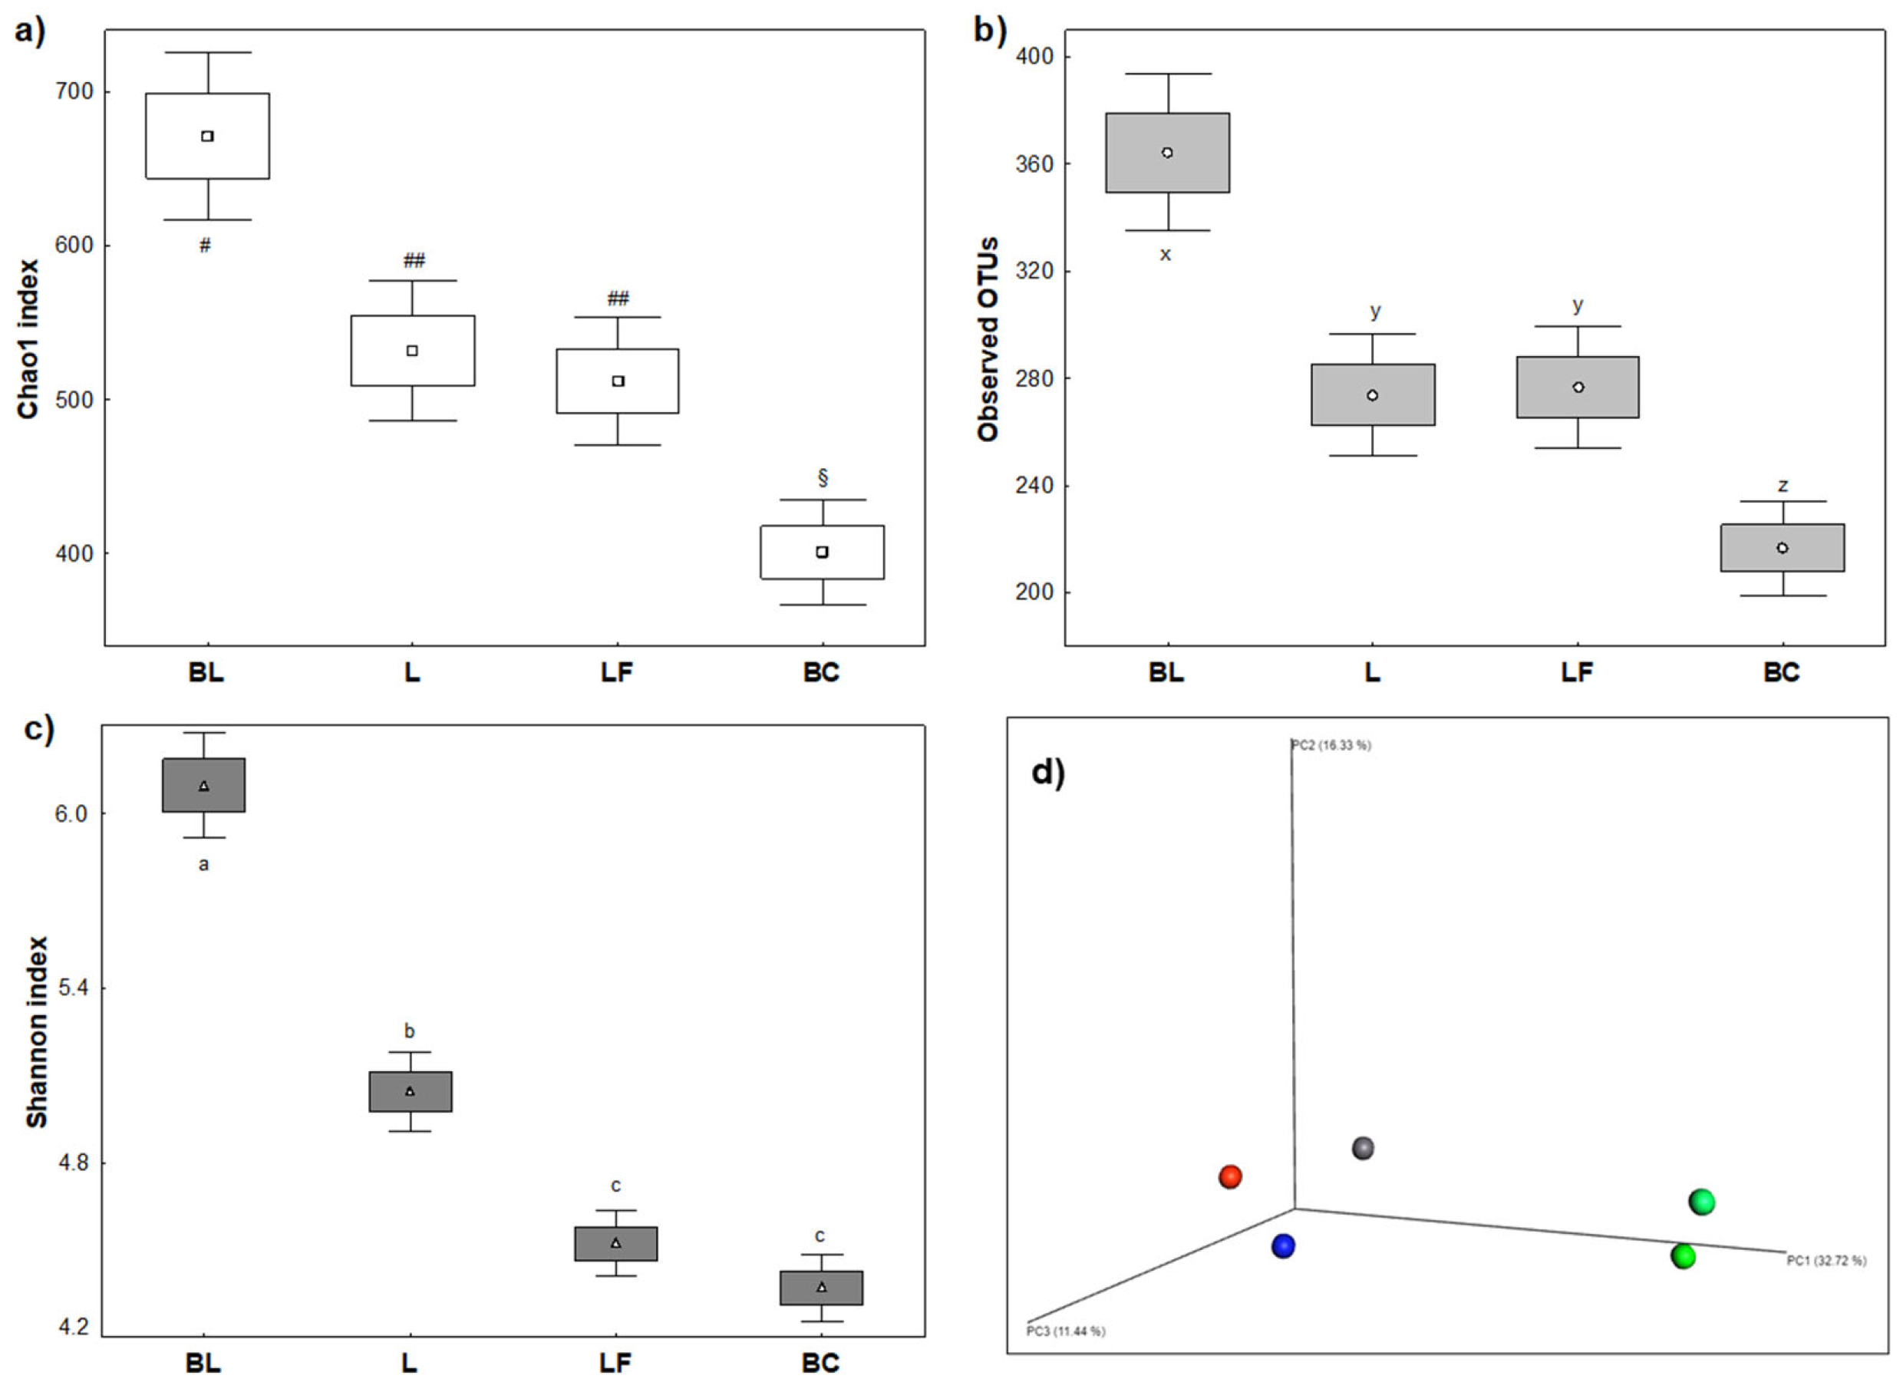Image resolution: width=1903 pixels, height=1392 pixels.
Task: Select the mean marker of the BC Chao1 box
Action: pyautogui.click(x=822, y=552)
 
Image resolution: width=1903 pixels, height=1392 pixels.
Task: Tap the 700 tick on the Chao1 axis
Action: pyautogui.click(x=74, y=91)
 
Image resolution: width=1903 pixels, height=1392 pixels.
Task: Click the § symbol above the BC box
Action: pyautogui.click(x=823, y=478)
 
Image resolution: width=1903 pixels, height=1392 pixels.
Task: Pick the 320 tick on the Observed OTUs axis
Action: pyautogui.click(x=1034, y=272)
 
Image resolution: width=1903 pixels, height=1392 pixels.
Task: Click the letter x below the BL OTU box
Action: pyautogui.click(x=1165, y=255)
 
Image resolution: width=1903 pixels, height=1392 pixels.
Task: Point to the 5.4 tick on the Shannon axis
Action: pyautogui.click(x=74, y=988)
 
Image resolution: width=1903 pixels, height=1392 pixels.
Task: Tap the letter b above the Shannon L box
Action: pyautogui.click(x=410, y=1031)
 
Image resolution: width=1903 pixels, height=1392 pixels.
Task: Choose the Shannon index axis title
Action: pyautogui.click(x=36, y=1032)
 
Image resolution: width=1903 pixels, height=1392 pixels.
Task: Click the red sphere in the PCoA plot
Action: pyautogui.click(x=1230, y=1177)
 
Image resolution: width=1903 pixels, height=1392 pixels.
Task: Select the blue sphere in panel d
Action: pyautogui.click(x=1283, y=1246)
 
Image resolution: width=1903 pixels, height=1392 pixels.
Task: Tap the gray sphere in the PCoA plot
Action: pyautogui.click(x=1363, y=1149)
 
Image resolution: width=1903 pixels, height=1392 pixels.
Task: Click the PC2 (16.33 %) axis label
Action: pyautogui.click(x=1331, y=746)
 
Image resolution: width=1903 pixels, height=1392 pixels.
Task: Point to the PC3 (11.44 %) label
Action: pyautogui.click(x=1066, y=1331)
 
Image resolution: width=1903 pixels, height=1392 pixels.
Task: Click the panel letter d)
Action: pyautogui.click(x=1048, y=773)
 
